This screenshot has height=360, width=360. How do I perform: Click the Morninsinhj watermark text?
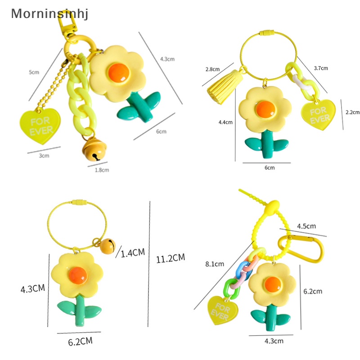pyautogui.click(x=49, y=14)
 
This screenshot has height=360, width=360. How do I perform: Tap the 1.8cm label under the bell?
pyautogui.click(x=101, y=170)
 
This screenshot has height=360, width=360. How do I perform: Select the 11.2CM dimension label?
pyautogui.click(x=171, y=258)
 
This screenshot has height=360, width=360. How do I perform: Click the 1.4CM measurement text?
pyautogui.click(x=133, y=252)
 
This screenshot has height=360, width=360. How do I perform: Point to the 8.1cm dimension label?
pyautogui.click(x=214, y=264)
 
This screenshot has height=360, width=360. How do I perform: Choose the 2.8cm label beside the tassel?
pyautogui.click(x=212, y=69)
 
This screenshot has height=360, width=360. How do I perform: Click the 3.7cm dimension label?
pyautogui.click(x=321, y=68)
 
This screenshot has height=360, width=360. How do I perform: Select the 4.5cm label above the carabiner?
pyautogui.click(x=306, y=226)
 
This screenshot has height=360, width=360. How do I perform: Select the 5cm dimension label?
pyautogui.click(x=34, y=72)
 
